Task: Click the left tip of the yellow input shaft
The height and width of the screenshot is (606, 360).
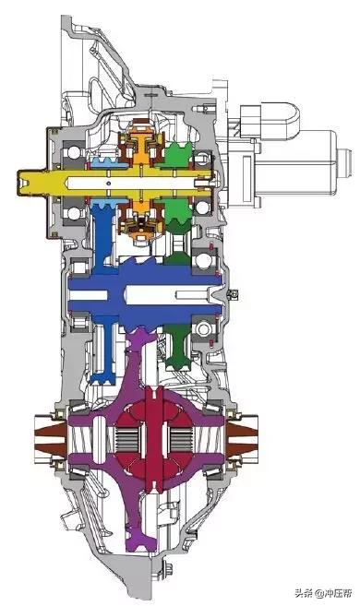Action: coord(18,183)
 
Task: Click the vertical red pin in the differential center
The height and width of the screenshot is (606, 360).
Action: coord(153,439)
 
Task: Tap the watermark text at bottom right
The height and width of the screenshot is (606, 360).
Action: coord(323,593)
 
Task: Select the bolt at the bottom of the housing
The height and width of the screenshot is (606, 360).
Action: coord(168,569)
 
